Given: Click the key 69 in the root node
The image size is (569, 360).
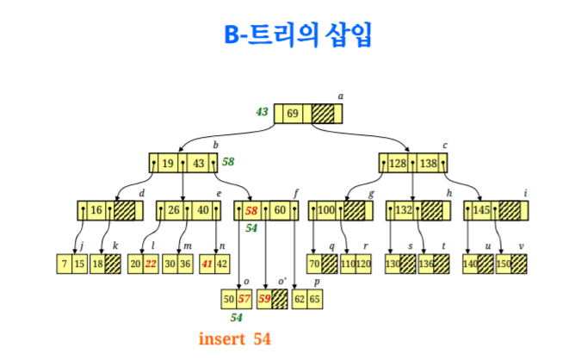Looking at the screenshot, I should point(293,114).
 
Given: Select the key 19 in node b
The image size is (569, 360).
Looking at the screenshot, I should point(167,163).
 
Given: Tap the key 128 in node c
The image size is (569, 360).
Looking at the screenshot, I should point(398,163).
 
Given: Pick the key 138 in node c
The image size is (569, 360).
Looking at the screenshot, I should point(430,163).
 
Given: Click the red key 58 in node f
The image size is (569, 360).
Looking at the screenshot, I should point(251,211).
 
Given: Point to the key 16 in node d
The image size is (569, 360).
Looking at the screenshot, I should point(96,211).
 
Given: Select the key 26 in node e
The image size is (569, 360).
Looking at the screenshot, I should point(174,211).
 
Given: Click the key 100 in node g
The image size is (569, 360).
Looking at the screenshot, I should point(326,211).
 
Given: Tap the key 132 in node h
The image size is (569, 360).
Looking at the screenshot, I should point(404,211).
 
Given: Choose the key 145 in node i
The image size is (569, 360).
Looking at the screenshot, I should point(481,211).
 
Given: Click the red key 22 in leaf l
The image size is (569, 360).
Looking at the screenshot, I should point(152,264).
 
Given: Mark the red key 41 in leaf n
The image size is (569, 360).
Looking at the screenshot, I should point(207,264).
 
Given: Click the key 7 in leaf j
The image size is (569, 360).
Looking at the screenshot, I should point(65,264).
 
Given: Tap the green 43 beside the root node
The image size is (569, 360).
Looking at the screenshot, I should point(262,112).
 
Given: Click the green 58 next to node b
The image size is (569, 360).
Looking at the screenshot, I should point(229,161).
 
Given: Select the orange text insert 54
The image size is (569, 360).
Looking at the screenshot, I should point(235,338).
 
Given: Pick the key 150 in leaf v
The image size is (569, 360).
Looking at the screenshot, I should point(503,264).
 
